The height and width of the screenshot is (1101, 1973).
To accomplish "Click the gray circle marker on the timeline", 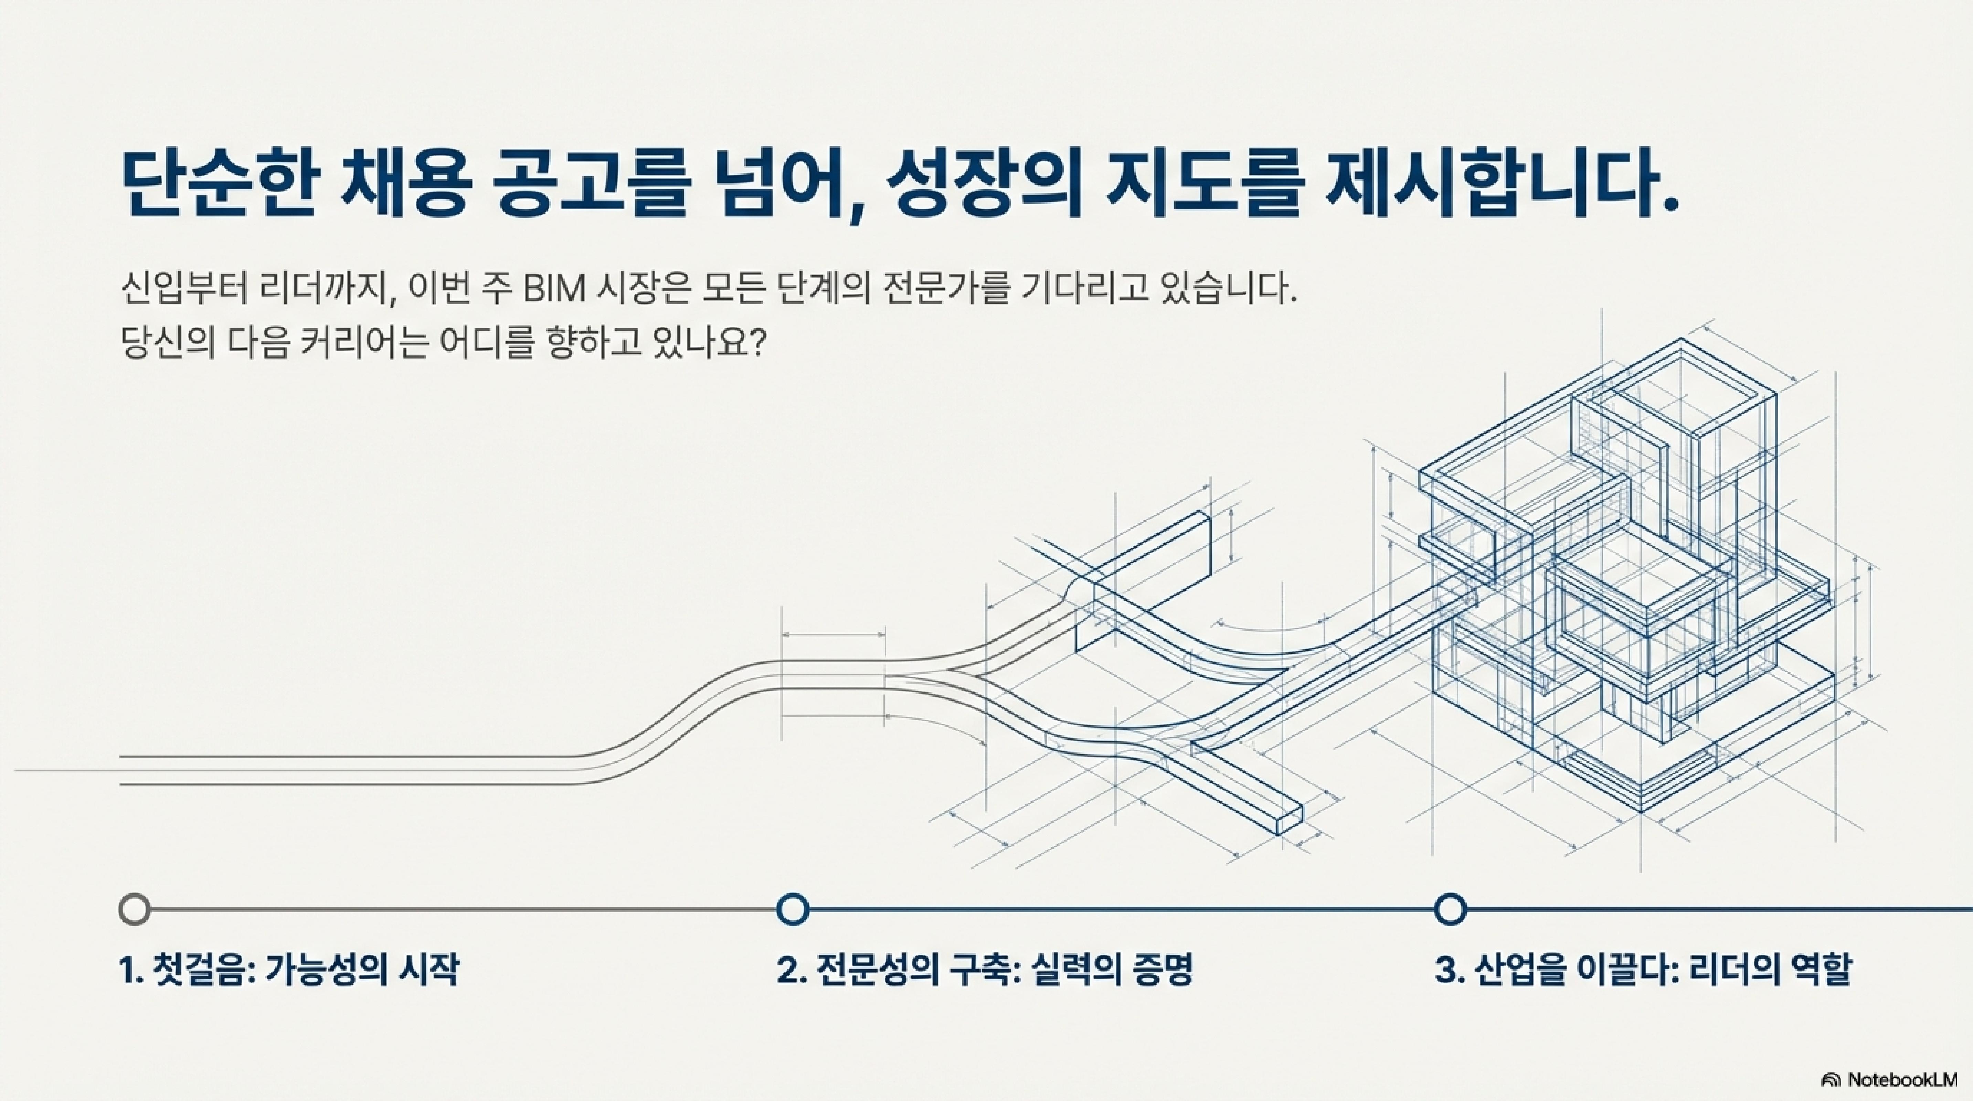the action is (x=135, y=910).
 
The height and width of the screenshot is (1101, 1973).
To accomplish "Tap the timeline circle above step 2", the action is (x=793, y=910).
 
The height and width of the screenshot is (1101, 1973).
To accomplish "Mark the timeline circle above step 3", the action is (x=1449, y=910).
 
